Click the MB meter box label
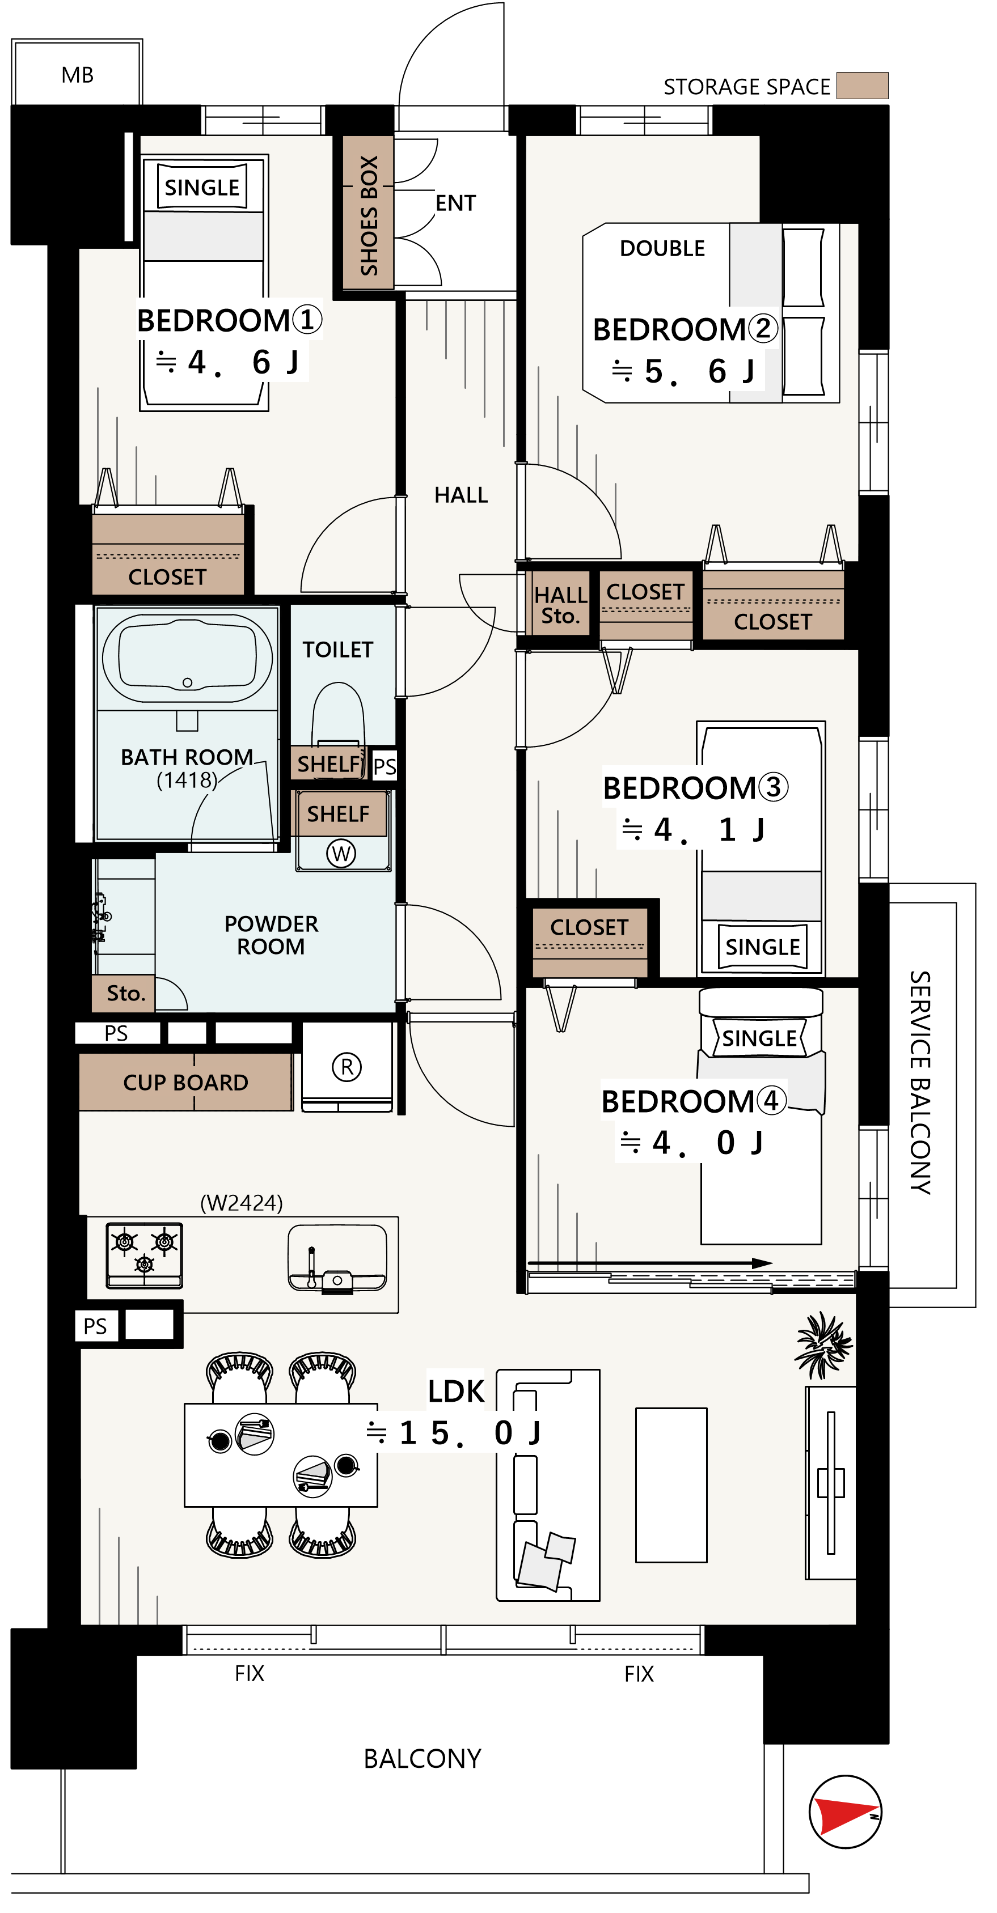[x=77, y=75]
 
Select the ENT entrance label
[x=455, y=203]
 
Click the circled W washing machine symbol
[x=341, y=853]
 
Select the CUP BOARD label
[x=185, y=1083]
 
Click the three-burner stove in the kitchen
[x=144, y=1254]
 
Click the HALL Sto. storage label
[x=561, y=605]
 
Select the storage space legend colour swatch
[x=862, y=86]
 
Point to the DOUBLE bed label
[x=662, y=248]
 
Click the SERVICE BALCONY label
[x=920, y=1082]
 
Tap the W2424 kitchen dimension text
[x=242, y=1203]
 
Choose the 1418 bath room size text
[x=187, y=780]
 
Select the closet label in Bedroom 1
[x=167, y=577]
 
